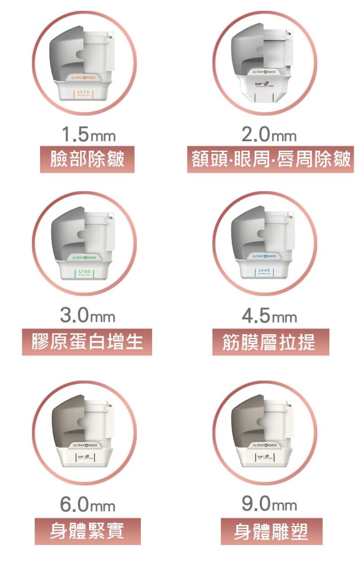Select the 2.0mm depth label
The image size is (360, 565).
(x=269, y=136)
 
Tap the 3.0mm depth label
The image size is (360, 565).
(x=88, y=316)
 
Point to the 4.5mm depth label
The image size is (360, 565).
(x=269, y=316)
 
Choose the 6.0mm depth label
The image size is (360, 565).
(x=88, y=505)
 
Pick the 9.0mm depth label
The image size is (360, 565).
(x=269, y=505)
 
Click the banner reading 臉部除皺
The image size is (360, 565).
(x=87, y=159)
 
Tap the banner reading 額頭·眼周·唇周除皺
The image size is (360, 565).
(x=270, y=159)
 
